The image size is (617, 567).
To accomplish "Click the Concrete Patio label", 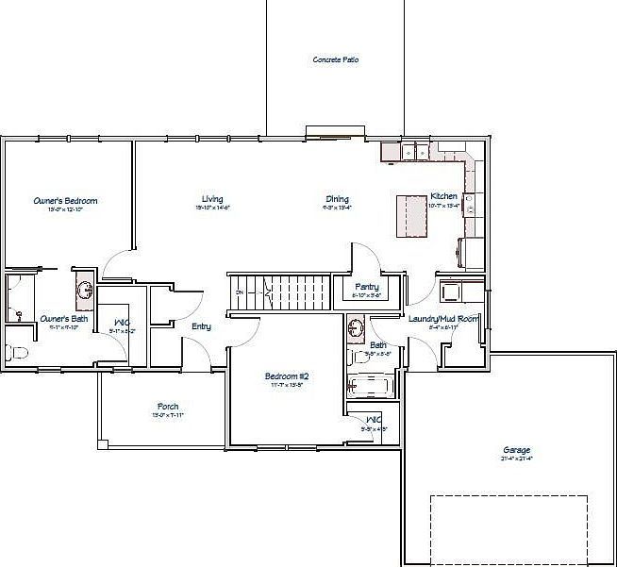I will [x=335, y=59].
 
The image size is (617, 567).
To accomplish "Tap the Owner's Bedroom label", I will [x=65, y=200].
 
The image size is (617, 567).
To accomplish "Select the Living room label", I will [x=212, y=198].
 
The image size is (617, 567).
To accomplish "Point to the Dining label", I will [x=337, y=199].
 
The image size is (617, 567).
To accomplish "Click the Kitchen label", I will [x=443, y=196].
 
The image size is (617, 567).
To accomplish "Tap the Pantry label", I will [x=366, y=286].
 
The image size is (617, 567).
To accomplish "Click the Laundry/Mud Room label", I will [x=442, y=319].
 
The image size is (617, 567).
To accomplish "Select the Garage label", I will [x=516, y=450].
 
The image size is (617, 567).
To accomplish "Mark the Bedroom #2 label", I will [x=286, y=375].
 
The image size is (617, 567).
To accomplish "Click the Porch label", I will [x=168, y=407].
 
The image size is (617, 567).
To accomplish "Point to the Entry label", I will [x=201, y=326].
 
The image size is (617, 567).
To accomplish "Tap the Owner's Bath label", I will [x=64, y=319].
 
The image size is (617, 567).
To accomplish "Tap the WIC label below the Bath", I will [x=373, y=419].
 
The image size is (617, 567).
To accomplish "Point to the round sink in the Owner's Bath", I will [x=83, y=290].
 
